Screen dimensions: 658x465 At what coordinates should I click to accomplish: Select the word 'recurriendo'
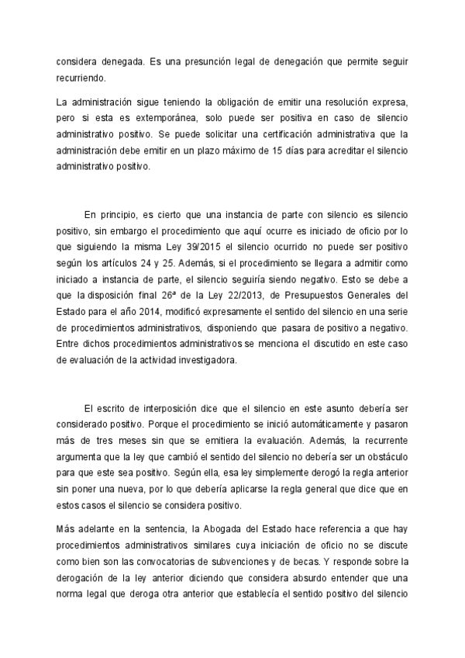pyautogui.click(x=84, y=78)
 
